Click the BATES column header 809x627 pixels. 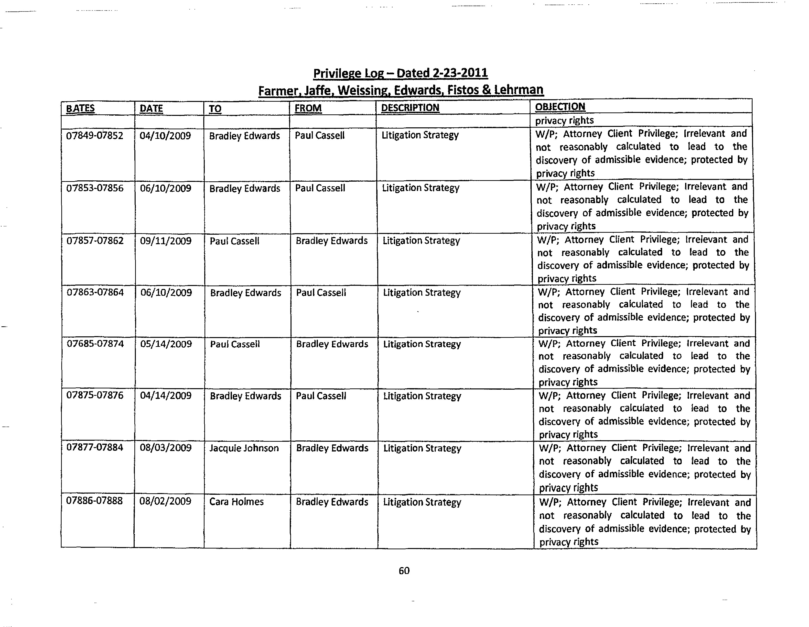tap(80, 108)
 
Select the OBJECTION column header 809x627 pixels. tap(560, 107)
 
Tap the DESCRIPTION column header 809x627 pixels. tap(410, 108)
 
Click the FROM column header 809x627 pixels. tap(308, 108)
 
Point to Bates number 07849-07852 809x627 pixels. tap(95, 136)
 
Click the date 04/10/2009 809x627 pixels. tap(165, 136)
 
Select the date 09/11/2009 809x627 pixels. tap(166, 241)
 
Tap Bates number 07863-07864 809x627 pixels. tap(95, 292)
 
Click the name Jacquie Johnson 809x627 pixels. tap(244, 448)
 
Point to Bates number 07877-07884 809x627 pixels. tap(95, 447)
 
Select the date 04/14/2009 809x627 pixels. tap(166, 396)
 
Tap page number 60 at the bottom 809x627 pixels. tap(404, 571)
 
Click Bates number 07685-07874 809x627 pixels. tap(95, 343)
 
